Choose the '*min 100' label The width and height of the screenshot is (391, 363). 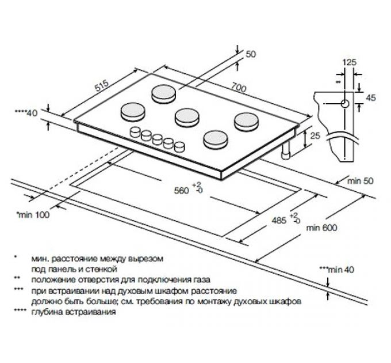click(x=33, y=214)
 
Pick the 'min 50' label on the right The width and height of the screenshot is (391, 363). click(x=361, y=181)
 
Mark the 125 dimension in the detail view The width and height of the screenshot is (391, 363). click(x=347, y=62)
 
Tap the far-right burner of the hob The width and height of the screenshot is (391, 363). click(x=244, y=120)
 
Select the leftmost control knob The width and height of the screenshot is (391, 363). click(x=136, y=131)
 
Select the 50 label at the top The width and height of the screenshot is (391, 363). click(x=250, y=54)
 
